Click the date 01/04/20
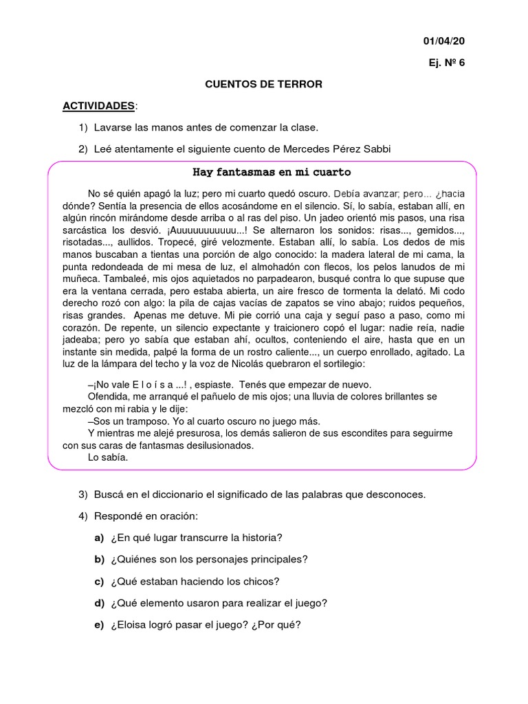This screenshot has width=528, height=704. (444, 41)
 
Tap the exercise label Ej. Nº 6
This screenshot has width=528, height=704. (447, 63)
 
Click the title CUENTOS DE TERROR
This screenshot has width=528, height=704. (264, 84)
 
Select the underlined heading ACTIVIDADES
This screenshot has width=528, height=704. (98, 105)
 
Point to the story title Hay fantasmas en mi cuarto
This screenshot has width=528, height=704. (271, 171)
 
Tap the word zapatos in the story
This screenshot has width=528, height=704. (331, 302)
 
